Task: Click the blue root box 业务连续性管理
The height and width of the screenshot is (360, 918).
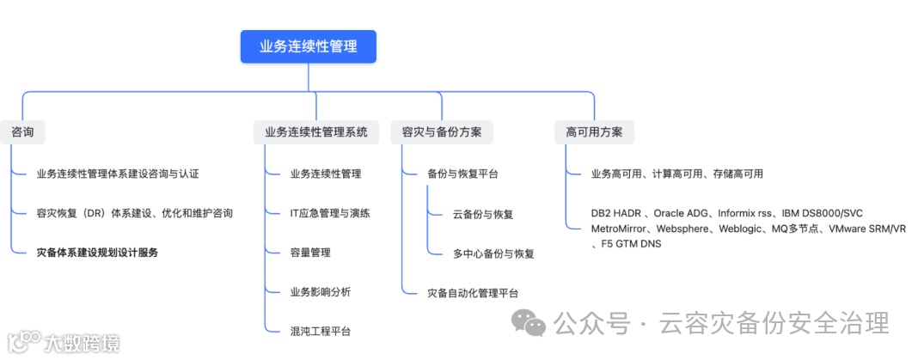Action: click(x=308, y=46)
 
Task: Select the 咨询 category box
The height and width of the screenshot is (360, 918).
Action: click(x=23, y=132)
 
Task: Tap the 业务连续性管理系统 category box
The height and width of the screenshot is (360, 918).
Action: click(x=316, y=132)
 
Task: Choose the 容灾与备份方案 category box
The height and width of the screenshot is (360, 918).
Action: click(x=442, y=132)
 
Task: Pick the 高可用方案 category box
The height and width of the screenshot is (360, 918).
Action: click(x=595, y=132)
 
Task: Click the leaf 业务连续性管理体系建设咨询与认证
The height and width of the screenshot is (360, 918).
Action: click(x=118, y=174)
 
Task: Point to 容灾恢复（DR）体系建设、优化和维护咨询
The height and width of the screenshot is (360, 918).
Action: click(x=135, y=213)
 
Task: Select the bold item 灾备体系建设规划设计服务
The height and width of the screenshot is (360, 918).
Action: click(x=97, y=253)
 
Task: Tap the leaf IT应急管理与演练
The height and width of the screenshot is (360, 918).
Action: click(x=330, y=213)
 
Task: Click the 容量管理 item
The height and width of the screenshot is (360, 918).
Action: click(x=310, y=253)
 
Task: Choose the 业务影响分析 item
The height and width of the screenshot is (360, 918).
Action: click(x=321, y=292)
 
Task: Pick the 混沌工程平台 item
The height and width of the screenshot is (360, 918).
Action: click(x=321, y=332)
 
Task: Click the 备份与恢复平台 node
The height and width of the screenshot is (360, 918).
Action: click(x=462, y=174)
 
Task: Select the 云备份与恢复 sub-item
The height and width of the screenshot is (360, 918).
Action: click(x=483, y=214)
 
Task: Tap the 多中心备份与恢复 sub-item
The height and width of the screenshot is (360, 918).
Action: click(x=493, y=253)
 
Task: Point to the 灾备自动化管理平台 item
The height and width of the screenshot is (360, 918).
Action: click(x=473, y=293)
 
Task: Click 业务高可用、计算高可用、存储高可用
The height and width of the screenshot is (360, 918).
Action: click(x=677, y=174)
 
